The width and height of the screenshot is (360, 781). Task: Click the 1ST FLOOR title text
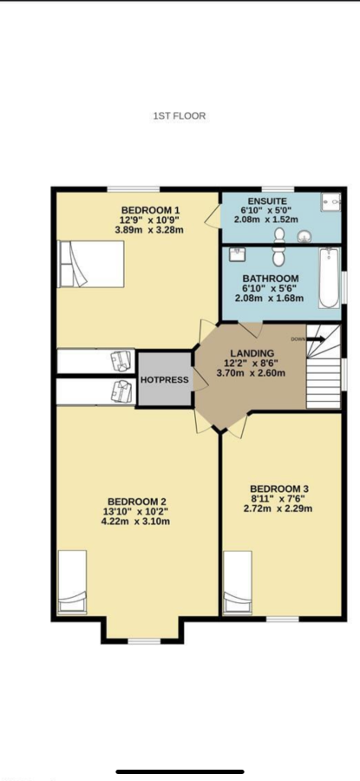[180, 116]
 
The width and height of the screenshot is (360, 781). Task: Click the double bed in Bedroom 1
[91, 264]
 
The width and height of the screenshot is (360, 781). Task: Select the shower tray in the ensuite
[331, 201]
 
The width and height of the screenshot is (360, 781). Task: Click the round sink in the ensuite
[304, 237]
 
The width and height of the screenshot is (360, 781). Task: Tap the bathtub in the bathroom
[329, 278]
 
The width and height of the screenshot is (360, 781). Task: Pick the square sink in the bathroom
[236, 254]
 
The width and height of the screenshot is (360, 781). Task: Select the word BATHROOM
[271, 279]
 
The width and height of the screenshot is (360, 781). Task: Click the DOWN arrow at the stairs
[315, 339]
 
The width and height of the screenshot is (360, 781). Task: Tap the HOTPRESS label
[164, 379]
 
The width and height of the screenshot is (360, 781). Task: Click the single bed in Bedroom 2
[72, 582]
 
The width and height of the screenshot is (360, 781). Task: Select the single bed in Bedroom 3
[238, 583]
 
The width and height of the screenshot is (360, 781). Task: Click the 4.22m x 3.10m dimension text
[136, 522]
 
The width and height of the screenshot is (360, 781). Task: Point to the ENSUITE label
[266, 200]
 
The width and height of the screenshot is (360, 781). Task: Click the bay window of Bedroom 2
[144, 641]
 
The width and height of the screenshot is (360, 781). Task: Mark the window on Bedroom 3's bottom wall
[282, 619]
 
